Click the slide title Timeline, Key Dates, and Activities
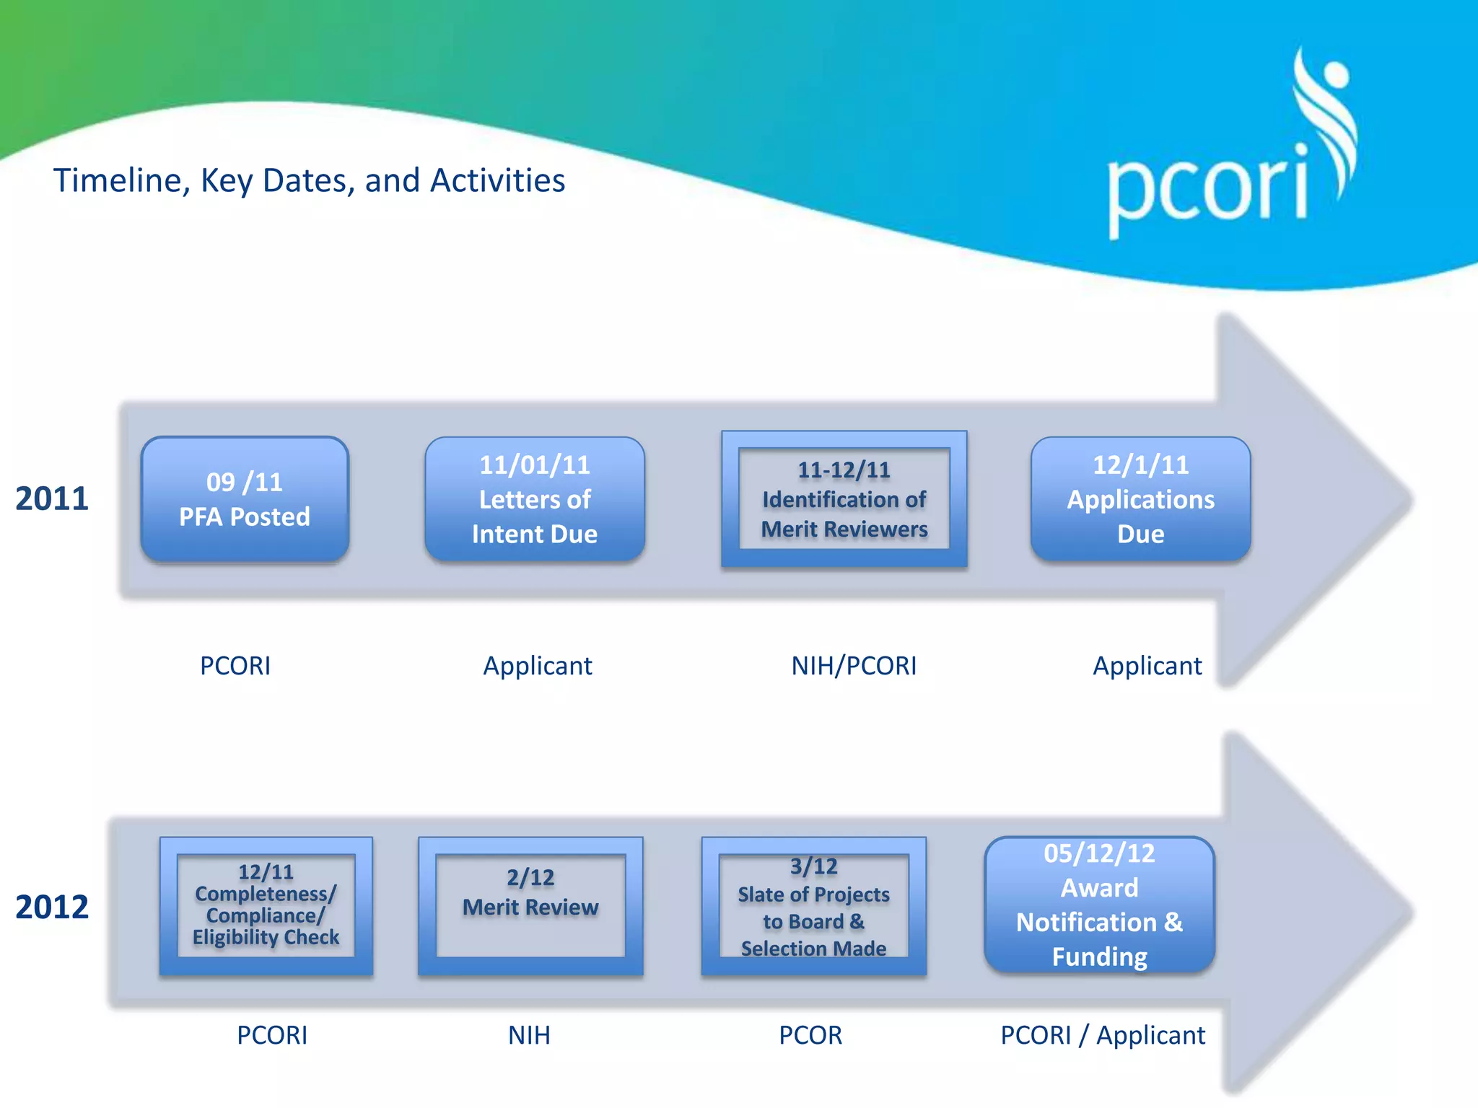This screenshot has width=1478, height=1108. point(309,180)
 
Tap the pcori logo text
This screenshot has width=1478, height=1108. point(1207,189)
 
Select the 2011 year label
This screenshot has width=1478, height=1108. point(51,499)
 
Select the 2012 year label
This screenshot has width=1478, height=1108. point(51,907)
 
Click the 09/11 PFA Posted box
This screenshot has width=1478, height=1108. point(245,499)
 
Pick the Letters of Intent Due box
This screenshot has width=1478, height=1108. point(535,499)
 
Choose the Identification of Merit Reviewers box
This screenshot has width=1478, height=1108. point(844,499)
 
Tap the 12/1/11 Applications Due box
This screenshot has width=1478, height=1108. point(1140,499)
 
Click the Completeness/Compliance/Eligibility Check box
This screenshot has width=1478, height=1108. point(266,906)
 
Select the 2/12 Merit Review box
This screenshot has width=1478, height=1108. point(530,906)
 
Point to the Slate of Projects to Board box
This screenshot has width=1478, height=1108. point(813,906)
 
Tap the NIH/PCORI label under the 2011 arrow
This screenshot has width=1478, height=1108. point(854,666)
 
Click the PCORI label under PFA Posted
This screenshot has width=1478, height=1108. point(235,666)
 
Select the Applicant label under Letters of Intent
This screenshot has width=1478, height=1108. point(538,666)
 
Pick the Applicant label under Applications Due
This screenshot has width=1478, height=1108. point(1147,666)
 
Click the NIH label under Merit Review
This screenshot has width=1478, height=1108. point(529,1036)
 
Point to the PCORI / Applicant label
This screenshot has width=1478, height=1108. point(1103,1036)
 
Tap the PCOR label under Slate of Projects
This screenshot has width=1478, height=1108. point(810,1036)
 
